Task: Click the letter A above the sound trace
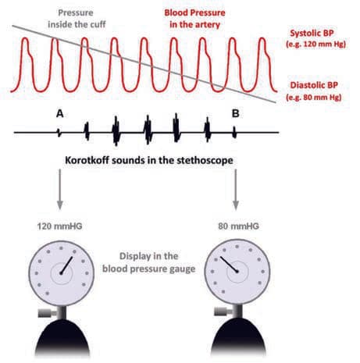point(60,114)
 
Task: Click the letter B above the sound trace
point(236,114)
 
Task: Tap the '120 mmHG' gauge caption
point(59,226)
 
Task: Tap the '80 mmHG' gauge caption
point(239,226)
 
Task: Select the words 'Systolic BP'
point(312,33)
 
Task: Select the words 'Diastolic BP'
point(314,85)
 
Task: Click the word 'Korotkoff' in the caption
point(87,160)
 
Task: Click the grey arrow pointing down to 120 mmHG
point(60,189)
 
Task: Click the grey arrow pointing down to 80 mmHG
point(236,189)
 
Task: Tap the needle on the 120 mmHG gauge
point(66,265)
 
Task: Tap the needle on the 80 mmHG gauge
point(230,265)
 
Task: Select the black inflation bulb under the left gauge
point(62,337)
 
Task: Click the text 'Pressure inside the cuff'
point(77,19)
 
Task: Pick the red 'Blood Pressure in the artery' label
point(194,19)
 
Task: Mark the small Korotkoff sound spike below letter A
point(59,133)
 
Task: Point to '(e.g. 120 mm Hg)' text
point(316,44)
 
